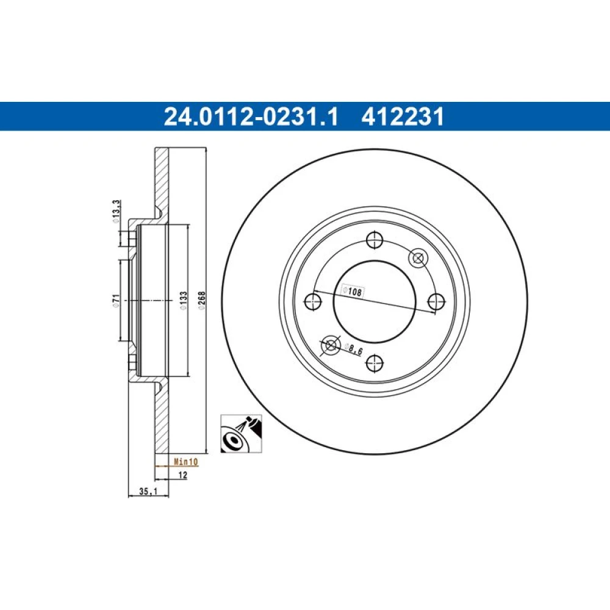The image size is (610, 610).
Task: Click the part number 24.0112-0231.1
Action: coord(251,117)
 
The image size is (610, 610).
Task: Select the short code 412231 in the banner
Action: coord(403,117)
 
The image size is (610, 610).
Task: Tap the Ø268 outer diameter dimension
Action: coord(201,300)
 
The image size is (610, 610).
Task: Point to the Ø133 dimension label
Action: coord(183,300)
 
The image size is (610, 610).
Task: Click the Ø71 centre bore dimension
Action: coord(115,300)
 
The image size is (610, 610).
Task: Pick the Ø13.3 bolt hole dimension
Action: coord(116,211)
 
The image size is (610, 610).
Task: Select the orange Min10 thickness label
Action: coord(185,462)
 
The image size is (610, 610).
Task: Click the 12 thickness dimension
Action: coord(182,475)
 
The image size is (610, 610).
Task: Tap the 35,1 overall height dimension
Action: coord(148,491)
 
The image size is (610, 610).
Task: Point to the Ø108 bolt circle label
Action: coord(352,291)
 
